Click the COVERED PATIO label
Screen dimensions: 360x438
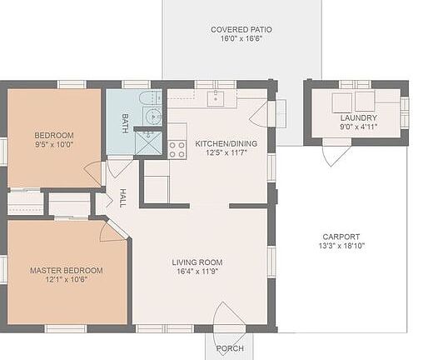click(241, 29)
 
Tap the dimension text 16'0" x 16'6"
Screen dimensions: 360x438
click(241, 39)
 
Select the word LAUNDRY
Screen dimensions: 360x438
click(358, 118)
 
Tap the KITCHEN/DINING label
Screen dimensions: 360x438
click(226, 143)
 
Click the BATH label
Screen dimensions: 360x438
click(125, 123)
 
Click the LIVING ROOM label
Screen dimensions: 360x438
click(197, 262)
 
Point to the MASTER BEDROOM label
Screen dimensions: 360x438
click(67, 271)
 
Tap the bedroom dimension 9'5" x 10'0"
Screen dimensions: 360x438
click(54, 145)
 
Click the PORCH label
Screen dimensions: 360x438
click(230, 348)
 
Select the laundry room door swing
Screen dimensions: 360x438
click(336, 154)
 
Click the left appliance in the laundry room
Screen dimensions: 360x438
click(341, 102)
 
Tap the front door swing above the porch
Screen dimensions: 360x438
click(228, 317)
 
